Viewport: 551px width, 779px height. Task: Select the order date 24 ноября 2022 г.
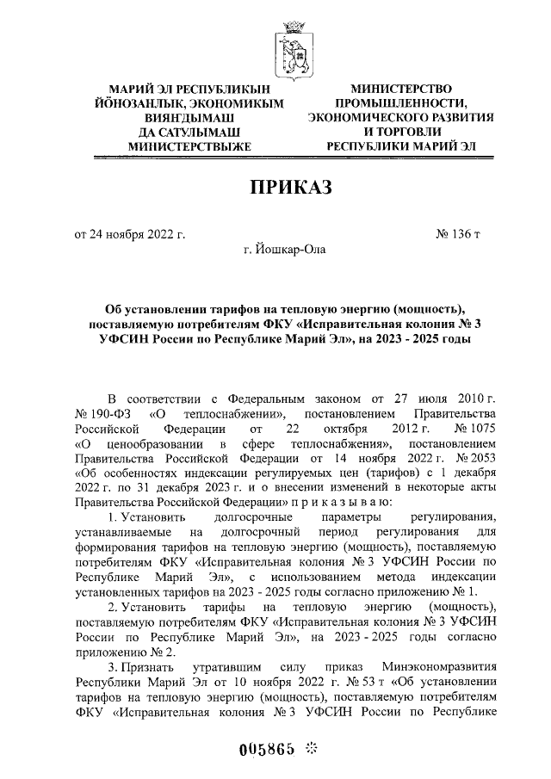(130, 234)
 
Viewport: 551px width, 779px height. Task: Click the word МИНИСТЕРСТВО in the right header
(401, 89)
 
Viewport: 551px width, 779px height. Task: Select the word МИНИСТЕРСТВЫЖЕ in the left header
(189, 147)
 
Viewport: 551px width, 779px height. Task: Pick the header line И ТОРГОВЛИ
(401, 132)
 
